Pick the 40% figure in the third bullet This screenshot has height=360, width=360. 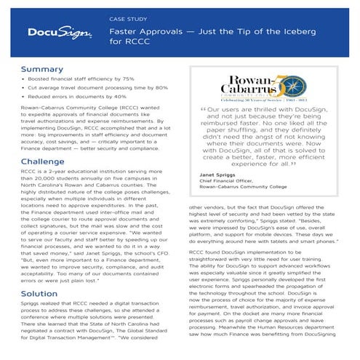point(120,108)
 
